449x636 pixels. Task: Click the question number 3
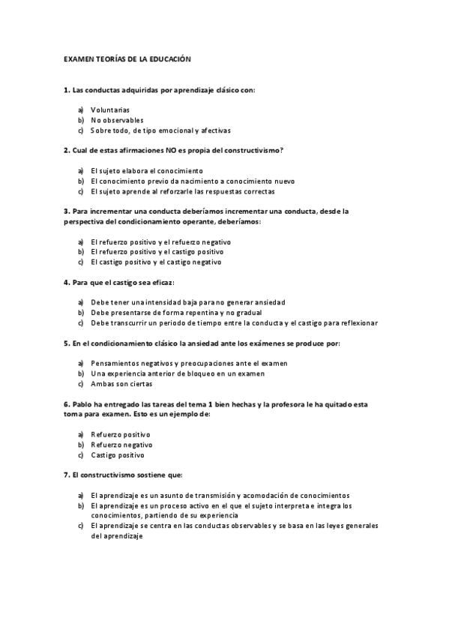pyautogui.click(x=67, y=211)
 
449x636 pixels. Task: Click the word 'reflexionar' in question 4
pyautogui.click(x=358, y=323)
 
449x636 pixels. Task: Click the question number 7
pyautogui.click(x=67, y=475)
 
